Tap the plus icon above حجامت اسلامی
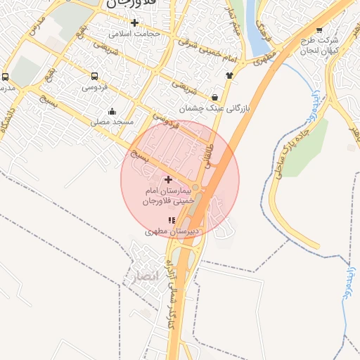click(x=134, y=22)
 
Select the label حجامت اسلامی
click(x=136, y=33)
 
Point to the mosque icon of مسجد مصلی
click(x=112, y=110)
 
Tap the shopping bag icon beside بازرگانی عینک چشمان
click(x=214, y=97)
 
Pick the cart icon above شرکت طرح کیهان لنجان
click(x=320, y=30)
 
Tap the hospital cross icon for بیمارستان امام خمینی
click(x=167, y=180)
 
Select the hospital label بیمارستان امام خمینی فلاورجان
click(x=167, y=195)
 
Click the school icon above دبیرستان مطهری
click(x=172, y=220)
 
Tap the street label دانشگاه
click(x=11, y=122)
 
